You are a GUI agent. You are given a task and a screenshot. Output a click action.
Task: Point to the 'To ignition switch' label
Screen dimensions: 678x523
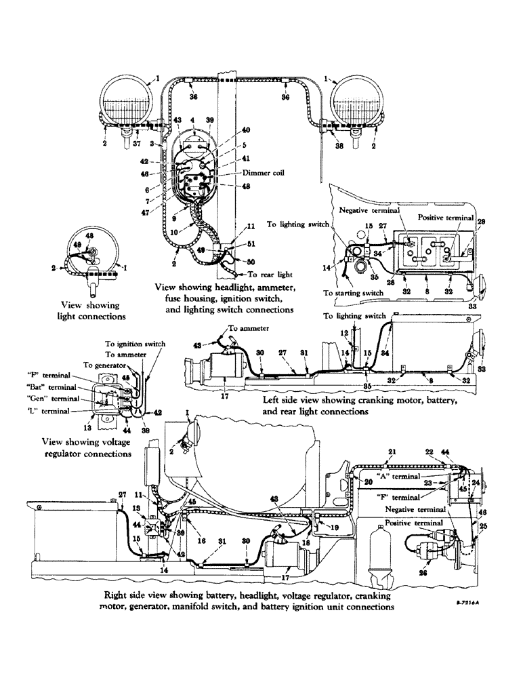pyautogui.click(x=135, y=344)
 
